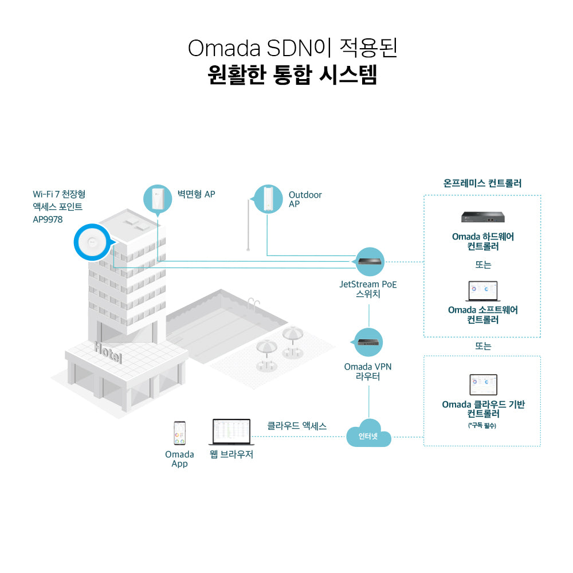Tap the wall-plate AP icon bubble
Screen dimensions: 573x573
pos(157,198)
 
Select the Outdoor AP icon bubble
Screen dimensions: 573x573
pos(269,198)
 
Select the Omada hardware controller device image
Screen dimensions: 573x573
pos(482,217)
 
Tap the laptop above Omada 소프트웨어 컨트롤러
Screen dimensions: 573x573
pos(482,291)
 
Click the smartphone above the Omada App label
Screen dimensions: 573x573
pos(179,434)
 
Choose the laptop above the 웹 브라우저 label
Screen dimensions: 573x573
pos(231,432)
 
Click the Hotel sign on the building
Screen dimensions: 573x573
pos(108,351)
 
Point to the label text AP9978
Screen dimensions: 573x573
pos(48,219)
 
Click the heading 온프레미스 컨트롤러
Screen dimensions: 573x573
pos(482,184)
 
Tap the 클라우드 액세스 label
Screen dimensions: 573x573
pos(297,426)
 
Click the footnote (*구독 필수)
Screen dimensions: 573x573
pos(482,426)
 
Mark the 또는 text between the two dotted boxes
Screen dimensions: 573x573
pos(482,346)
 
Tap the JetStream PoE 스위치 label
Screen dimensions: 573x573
pos(368,289)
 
